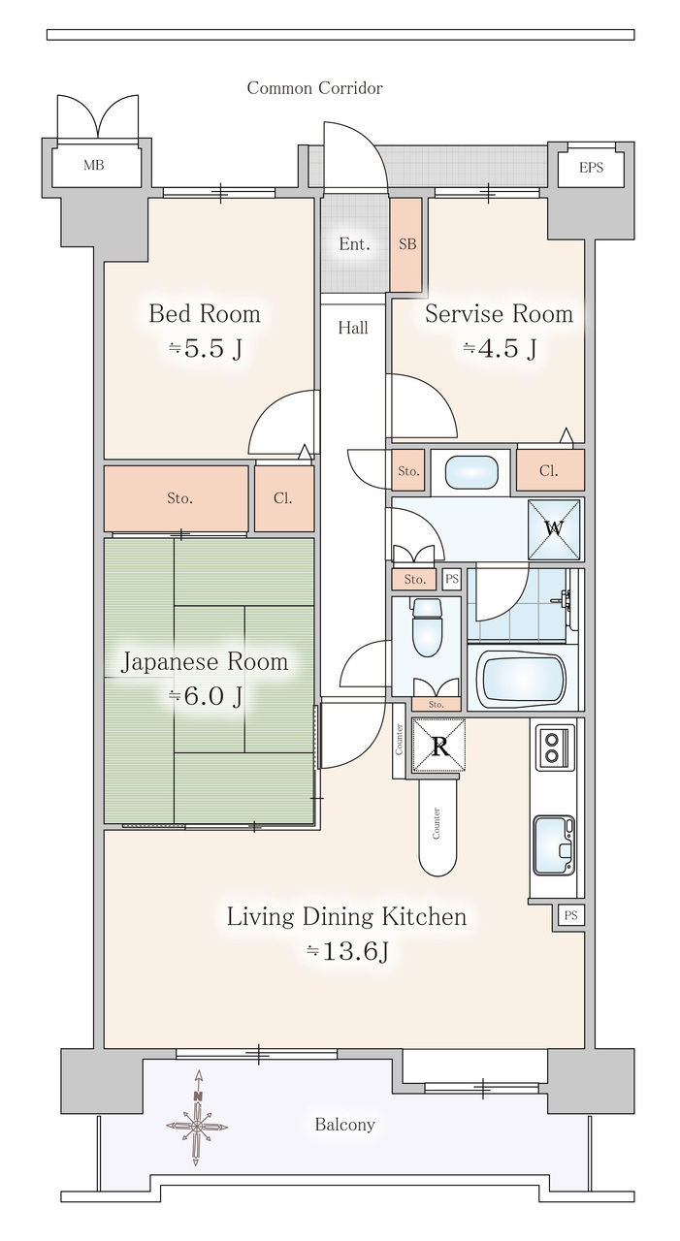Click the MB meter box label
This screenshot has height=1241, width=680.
(x=94, y=165)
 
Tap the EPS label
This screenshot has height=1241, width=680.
(x=591, y=168)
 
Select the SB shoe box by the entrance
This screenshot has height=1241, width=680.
(x=406, y=244)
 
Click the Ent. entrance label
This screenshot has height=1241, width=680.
(x=354, y=243)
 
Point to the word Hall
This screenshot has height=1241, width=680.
(x=353, y=328)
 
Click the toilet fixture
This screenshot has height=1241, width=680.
(x=427, y=626)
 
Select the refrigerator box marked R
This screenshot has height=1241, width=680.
(x=438, y=746)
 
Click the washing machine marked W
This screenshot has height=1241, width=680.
(x=554, y=529)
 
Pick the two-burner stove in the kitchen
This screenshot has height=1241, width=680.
(x=552, y=748)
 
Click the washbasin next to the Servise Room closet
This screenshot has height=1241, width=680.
(x=471, y=472)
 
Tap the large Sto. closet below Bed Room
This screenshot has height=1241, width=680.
(x=177, y=498)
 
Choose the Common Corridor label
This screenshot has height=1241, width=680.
(x=314, y=88)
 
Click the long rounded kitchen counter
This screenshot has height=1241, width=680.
(x=437, y=827)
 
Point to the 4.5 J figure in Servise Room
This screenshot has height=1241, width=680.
(x=500, y=348)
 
